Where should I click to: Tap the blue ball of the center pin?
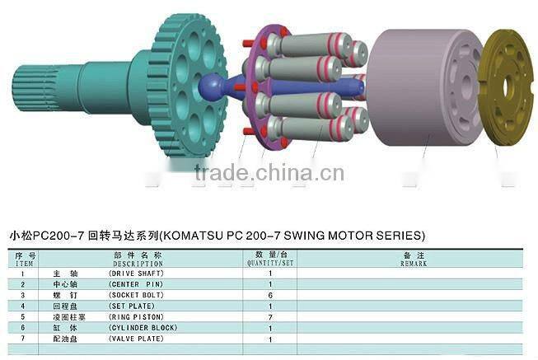[211, 85]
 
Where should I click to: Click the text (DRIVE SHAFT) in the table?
[137, 273]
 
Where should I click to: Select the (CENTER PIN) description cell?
[135, 283]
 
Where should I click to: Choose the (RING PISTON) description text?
[137, 316]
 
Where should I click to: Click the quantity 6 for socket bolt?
[270, 294]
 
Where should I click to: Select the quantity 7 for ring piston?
[270, 316]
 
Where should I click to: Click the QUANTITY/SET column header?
[270, 264]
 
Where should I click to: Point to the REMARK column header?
[414, 264]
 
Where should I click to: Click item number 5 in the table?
[23, 316]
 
